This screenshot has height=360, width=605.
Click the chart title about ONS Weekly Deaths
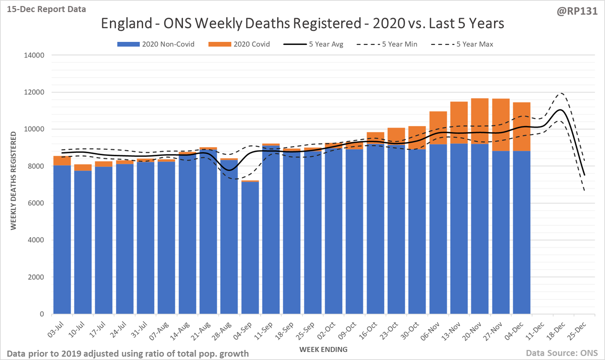(302, 24)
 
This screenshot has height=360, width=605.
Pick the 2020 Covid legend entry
(239, 44)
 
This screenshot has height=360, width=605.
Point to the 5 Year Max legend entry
(464, 44)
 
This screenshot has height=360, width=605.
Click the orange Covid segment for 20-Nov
(479, 121)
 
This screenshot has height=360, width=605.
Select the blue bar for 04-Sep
(250, 247)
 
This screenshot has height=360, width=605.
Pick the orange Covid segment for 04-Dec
(521, 126)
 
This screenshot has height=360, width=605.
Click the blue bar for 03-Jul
(62, 239)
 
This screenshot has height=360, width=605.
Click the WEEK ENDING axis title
(322, 349)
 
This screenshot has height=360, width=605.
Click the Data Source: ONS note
(562, 353)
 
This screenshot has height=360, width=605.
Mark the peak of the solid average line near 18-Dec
(561, 110)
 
